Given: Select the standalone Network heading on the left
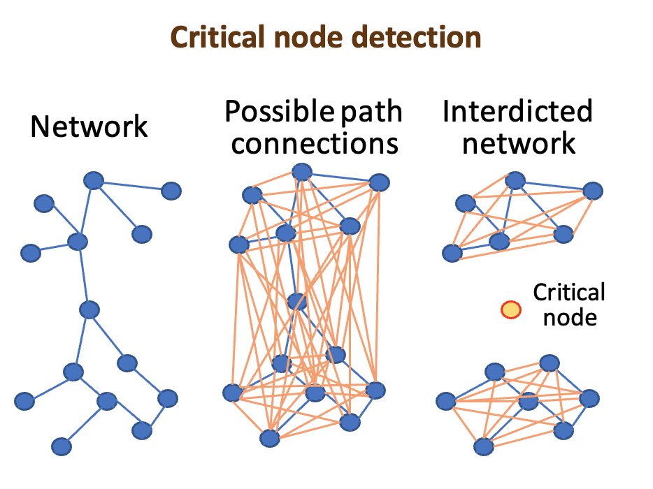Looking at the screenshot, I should [x=89, y=127].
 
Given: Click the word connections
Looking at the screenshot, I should [x=315, y=143].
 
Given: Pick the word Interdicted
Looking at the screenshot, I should [x=517, y=112].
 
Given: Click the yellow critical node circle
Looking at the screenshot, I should [x=511, y=309].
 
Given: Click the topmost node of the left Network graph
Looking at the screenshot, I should [x=93, y=181].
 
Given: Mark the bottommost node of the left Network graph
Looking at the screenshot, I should [x=62, y=446].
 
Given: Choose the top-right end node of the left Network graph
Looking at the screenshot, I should [x=171, y=190].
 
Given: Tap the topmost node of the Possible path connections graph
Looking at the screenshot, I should [x=301, y=171].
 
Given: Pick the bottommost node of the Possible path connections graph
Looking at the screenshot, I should [x=269, y=438].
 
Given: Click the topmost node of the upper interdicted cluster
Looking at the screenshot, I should [x=515, y=180].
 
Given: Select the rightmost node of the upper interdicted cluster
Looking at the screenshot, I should [x=593, y=190].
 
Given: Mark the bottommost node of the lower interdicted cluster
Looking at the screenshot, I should [x=482, y=446].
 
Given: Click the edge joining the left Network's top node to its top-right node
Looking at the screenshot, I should [x=132, y=186].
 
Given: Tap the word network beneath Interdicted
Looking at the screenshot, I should [x=519, y=143].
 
